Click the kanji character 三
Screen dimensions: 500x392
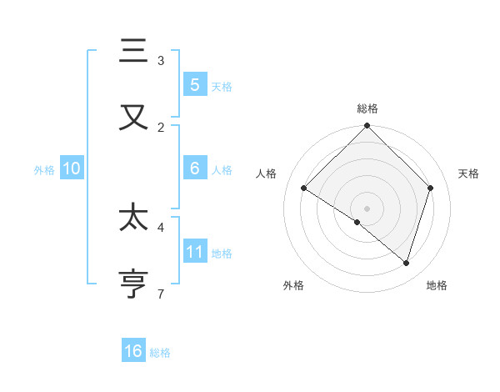pyautogui.click(x=133, y=51)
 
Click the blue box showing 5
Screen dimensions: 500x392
pyautogui.click(x=195, y=84)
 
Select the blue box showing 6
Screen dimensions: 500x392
pyautogui.click(x=195, y=168)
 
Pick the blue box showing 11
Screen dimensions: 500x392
pyautogui.click(x=195, y=252)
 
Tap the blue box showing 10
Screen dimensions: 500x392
pyautogui.click(x=72, y=168)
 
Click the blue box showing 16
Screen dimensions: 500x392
pyautogui.click(x=133, y=351)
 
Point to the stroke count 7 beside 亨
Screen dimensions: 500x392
pyautogui.click(x=161, y=294)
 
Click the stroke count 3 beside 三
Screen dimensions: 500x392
pyautogui.click(x=161, y=60)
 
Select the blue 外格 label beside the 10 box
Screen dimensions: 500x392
pyautogui.click(x=44, y=169)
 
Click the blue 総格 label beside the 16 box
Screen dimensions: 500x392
pyautogui.click(x=160, y=352)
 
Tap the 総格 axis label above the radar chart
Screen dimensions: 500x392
pyautogui.click(x=367, y=108)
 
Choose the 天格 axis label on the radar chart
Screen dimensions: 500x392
pyautogui.click(x=469, y=173)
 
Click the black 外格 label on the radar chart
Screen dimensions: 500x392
pyautogui.click(x=293, y=285)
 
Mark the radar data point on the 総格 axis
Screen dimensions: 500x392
pyautogui.click(x=367, y=127)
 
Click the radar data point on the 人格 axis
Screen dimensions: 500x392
pyautogui.click(x=304, y=188)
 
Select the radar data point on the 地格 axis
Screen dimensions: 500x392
pyautogui.click(x=407, y=263)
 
